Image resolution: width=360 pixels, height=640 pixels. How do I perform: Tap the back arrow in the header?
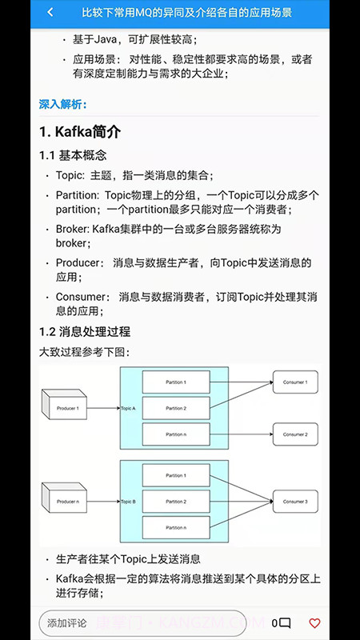coord(50,13)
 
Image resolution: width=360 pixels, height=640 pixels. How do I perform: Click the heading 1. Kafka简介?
coord(80,131)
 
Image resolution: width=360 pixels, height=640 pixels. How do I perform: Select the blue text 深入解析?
coord(63,104)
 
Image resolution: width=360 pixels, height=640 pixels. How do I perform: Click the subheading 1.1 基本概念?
coord(73,155)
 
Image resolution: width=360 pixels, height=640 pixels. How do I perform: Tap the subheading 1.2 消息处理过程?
coord(85,331)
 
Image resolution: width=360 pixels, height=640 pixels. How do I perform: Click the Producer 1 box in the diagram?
coord(68,408)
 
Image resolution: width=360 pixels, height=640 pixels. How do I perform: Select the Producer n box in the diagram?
coord(68,502)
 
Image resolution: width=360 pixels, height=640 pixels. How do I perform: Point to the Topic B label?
coord(129,502)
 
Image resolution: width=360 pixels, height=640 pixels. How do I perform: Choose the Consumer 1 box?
coord(295,382)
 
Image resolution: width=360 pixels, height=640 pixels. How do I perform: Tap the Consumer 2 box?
coord(295,434)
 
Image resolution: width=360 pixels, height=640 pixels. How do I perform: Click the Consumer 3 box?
coord(295,502)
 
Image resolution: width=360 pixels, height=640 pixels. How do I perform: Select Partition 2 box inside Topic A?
coord(175,408)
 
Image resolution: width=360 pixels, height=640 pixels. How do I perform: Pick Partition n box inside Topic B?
coord(175,527)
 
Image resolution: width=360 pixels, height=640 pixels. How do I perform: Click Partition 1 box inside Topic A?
coord(175,382)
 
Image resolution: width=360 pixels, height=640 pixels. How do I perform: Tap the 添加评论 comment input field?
coord(142,623)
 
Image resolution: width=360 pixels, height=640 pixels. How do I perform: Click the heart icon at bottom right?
coord(314,623)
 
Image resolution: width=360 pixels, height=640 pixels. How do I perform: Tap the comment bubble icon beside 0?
coord(285,623)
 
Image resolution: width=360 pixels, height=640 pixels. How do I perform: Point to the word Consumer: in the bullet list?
coord(80,297)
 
